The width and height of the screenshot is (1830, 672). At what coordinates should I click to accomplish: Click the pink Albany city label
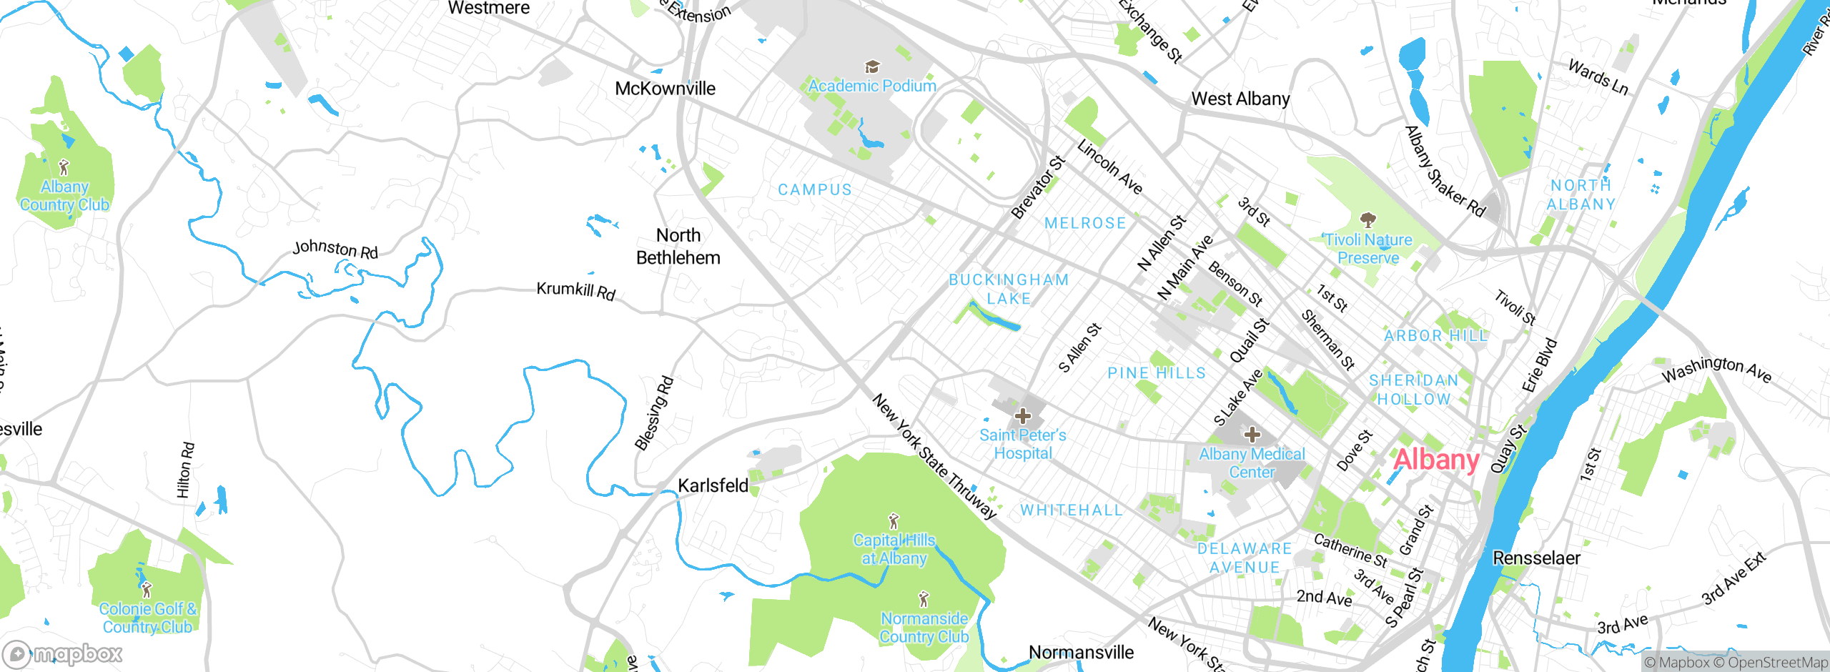1435,460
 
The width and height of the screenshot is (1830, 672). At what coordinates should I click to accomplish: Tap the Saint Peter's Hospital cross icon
1023,416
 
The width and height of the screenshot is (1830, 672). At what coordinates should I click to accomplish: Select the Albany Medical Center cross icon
1252,435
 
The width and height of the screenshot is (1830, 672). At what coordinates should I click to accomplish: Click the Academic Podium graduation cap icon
871,67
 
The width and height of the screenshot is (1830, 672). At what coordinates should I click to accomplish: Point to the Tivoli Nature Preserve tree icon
1367,219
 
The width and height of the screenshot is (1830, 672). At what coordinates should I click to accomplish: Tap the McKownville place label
665,89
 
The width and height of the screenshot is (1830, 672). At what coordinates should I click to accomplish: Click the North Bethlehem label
678,247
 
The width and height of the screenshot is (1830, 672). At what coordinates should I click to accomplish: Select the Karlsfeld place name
713,486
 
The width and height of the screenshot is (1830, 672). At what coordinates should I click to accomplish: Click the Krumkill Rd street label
575,291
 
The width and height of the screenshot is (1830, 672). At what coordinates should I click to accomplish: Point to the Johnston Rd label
335,249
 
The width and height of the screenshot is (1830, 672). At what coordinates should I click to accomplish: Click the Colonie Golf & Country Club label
147,618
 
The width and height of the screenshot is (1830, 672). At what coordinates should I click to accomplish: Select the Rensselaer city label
1536,558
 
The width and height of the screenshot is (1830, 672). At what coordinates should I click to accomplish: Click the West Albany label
1240,99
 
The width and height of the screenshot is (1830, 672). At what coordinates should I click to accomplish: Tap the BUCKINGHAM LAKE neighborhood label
1009,290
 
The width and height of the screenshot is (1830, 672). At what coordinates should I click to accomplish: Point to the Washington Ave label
1716,369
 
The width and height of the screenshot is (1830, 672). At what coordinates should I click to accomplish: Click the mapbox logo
63,653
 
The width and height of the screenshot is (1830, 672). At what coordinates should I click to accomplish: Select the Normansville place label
1081,653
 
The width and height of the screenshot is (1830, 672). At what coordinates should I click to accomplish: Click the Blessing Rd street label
654,413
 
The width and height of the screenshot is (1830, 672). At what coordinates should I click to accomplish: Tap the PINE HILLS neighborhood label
1156,373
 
